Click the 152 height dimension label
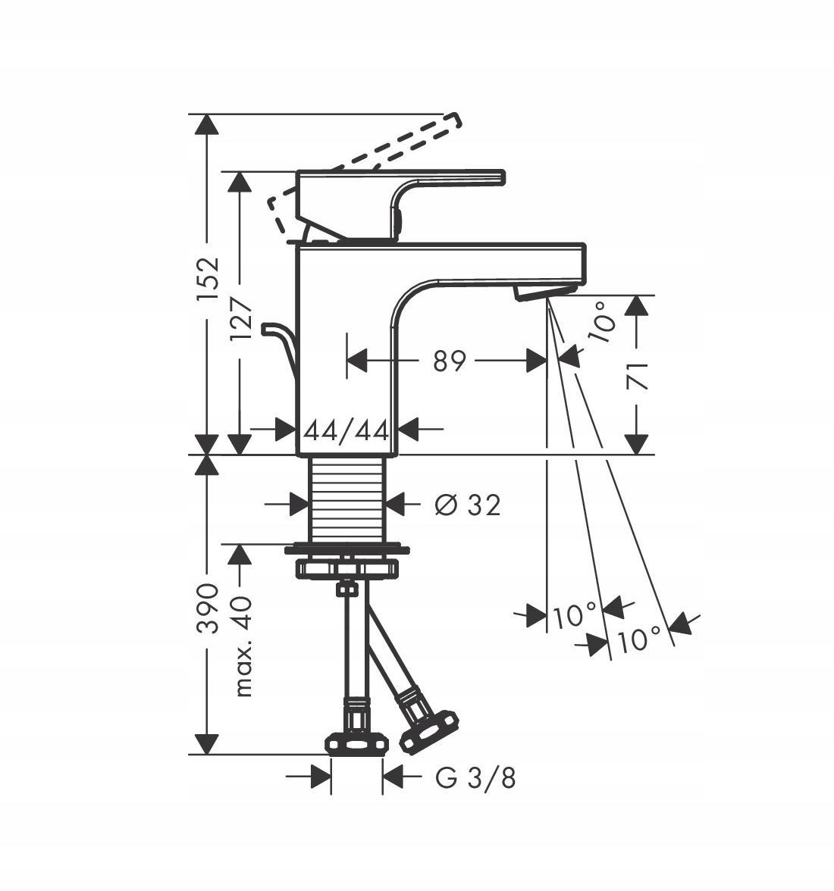[208, 280]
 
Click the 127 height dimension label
[240, 320]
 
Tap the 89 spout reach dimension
[449, 361]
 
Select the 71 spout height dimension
[637, 376]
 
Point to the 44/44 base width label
[346, 430]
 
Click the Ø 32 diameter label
[467, 505]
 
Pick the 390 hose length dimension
[208, 608]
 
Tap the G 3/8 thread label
[476, 778]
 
